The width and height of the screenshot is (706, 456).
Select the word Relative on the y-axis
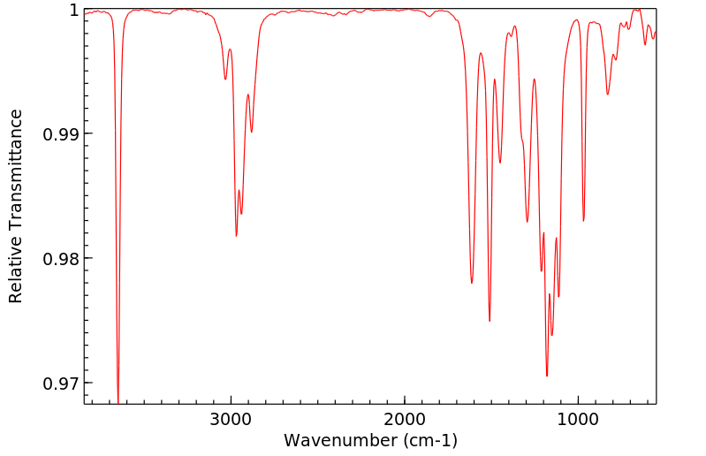point(16,271)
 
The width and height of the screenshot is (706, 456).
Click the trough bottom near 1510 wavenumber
point(490,321)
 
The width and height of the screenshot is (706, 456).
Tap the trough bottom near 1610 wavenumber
point(472,283)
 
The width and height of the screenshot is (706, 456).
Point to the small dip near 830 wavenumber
point(607,95)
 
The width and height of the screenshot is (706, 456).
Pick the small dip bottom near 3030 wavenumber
point(225,80)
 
